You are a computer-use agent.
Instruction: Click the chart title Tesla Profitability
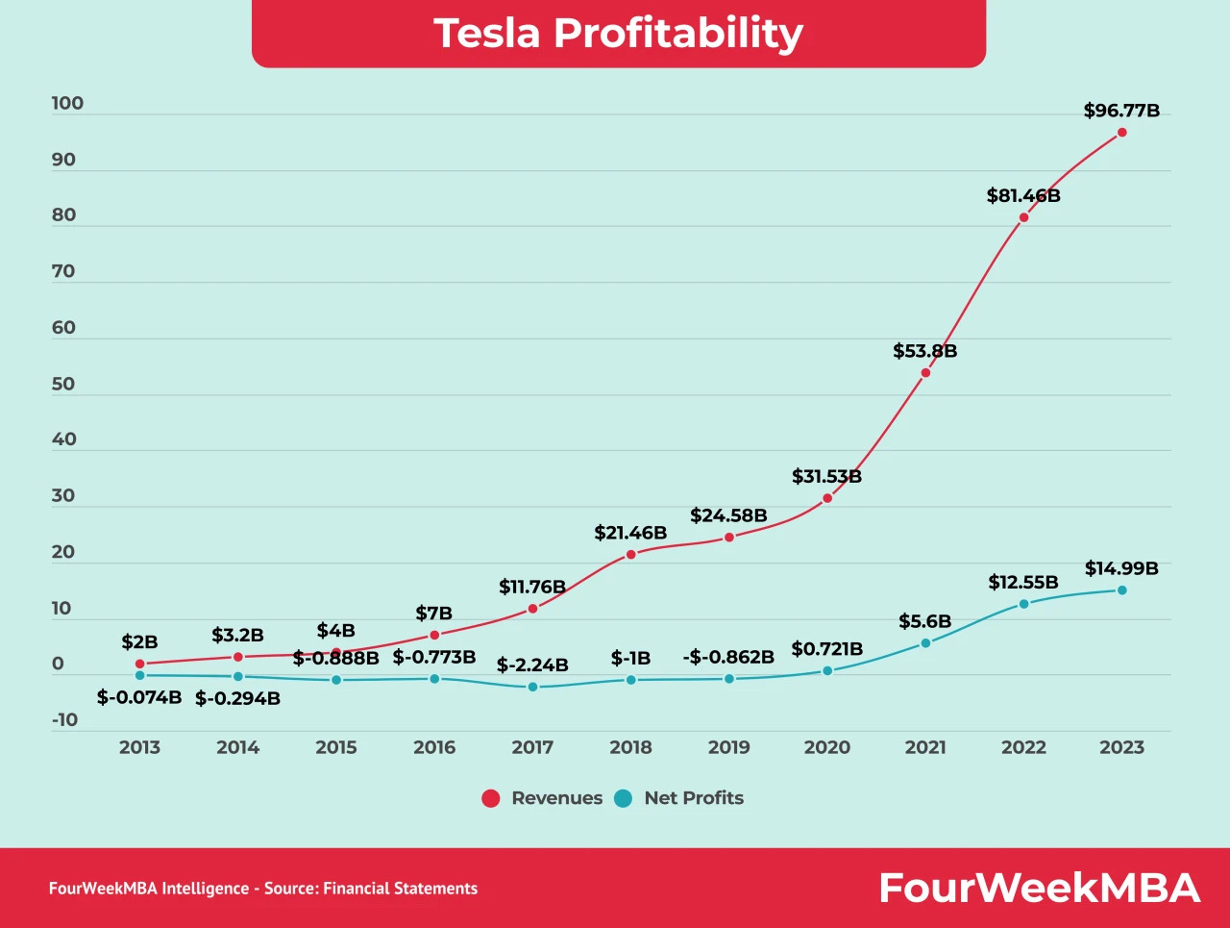[x=618, y=33]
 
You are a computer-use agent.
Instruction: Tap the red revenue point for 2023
[x=1121, y=133]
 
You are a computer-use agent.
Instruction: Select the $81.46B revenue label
[x=1023, y=196]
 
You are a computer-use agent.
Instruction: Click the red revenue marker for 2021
[x=925, y=373]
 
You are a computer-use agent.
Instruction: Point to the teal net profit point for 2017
[x=532, y=687]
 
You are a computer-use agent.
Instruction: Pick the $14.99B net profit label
[x=1121, y=568]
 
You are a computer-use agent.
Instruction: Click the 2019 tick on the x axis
[x=728, y=747]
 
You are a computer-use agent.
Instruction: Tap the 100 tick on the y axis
[x=67, y=104]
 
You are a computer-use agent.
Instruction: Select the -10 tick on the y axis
[x=65, y=720]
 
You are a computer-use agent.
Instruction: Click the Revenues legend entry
[x=543, y=798]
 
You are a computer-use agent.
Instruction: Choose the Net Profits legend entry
[x=679, y=798]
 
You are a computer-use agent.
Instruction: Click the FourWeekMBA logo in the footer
[x=1040, y=888]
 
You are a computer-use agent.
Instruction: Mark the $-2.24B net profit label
[x=532, y=665]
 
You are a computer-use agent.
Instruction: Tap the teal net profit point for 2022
[x=1023, y=604]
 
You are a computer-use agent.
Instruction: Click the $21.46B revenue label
[x=630, y=533]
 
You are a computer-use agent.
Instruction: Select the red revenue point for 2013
[x=140, y=665]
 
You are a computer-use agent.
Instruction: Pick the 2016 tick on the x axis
[x=434, y=747]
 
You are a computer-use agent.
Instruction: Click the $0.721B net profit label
[x=827, y=649]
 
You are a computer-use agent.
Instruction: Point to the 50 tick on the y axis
[x=63, y=385]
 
